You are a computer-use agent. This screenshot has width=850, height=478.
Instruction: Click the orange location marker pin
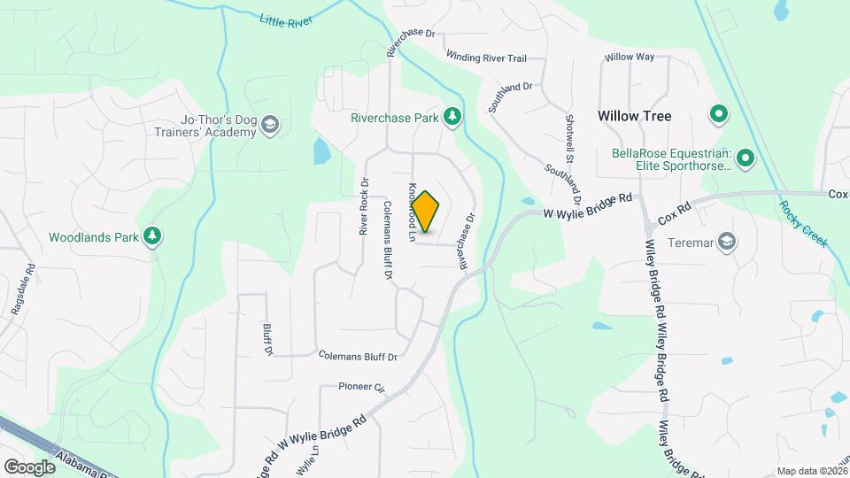[426, 212]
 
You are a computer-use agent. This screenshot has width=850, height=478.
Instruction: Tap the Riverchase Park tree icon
[452, 117]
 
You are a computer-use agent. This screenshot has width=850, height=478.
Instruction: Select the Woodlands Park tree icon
[154, 236]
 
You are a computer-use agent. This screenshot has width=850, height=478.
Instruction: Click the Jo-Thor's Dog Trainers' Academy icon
[270, 127]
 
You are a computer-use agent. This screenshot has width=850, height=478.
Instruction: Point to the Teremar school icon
[727, 242]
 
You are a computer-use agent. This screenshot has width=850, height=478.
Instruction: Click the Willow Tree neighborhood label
[634, 116]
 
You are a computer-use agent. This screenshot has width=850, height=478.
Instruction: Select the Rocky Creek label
[803, 223]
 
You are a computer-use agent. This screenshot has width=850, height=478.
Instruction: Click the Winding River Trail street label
[486, 58]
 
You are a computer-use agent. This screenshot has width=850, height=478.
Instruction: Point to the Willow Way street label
[629, 57]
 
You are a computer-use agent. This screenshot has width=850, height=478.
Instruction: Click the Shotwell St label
[569, 131]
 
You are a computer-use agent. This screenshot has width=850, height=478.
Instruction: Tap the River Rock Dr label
[363, 205]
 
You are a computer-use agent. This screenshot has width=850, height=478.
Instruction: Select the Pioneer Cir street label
[362, 387]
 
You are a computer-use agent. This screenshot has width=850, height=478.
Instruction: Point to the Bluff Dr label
[267, 339]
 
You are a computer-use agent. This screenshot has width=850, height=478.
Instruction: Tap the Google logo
[29, 466]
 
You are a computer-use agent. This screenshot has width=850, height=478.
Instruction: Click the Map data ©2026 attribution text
[811, 471]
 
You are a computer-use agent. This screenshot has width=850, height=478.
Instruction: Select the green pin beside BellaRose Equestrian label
[745, 158]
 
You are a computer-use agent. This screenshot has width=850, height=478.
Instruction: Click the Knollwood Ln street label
[412, 212]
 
